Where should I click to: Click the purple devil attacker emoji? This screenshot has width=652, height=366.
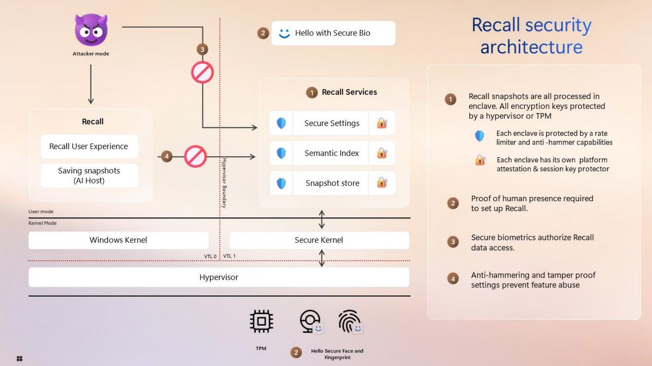coord(90,30)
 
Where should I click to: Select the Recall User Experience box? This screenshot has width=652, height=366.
coord(89,146)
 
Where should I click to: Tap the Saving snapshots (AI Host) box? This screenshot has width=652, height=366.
coord(89,175)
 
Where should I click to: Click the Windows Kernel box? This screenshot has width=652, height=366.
coord(118,240)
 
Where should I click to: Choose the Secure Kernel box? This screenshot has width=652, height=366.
coord(319,240)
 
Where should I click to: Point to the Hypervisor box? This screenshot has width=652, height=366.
coord(218,277)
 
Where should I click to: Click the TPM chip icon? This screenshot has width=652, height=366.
coord(261,322)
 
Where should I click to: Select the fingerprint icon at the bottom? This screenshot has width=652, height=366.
coord(349,322)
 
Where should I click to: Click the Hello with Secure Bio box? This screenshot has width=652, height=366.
coord(333,33)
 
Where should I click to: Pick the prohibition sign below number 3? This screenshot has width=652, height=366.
coord(202,72)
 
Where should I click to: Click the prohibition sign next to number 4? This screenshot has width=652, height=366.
coord(195,157)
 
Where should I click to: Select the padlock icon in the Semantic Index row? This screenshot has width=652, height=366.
coord(382,153)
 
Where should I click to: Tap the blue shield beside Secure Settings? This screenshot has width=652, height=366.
coord(281,123)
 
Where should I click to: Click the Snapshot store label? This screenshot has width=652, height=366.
coord(332,183)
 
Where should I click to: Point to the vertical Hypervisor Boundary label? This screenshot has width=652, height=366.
coord(224,183)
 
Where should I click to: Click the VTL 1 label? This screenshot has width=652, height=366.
coord(229,256)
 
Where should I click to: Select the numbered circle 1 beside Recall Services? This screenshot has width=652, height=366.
coord(312,92)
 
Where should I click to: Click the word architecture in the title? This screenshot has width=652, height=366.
coord(531,47)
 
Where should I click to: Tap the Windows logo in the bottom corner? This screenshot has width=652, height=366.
coord(20,358)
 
